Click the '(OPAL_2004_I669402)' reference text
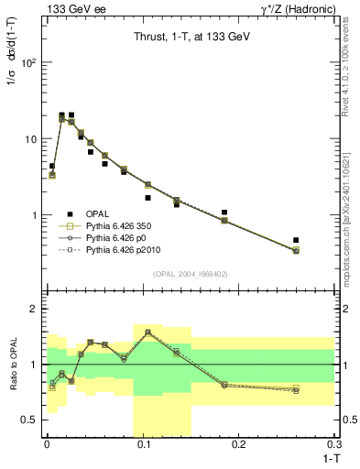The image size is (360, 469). click(190, 274)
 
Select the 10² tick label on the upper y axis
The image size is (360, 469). click(28, 63)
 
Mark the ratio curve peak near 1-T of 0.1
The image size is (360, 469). click(147, 332)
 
